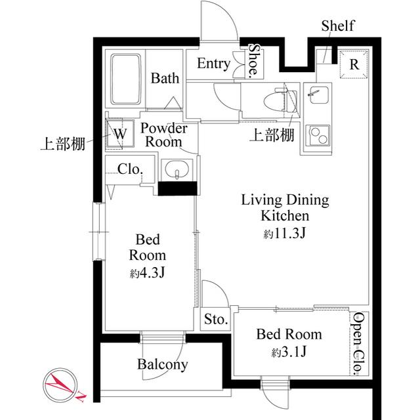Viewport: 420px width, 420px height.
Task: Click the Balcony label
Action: pyautogui.click(x=163, y=364)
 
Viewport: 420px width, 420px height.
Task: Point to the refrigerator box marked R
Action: pyautogui.click(x=354, y=64)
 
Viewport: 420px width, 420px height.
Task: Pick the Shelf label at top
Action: pyautogui.click(x=338, y=26)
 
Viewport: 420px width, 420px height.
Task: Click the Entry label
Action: pyautogui.click(x=213, y=64)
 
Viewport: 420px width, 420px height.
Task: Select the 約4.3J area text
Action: pyautogui.click(x=147, y=272)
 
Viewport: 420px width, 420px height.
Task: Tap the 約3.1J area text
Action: pyautogui.click(x=289, y=352)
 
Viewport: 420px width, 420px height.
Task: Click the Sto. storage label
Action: pyautogui.click(x=215, y=320)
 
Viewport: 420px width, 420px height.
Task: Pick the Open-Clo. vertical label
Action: pyautogui.click(x=358, y=344)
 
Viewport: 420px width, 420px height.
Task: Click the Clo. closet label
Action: pyautogui.click(x=130, y=169)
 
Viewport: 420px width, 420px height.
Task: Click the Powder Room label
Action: pyautogui.click(x=163, y=135)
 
